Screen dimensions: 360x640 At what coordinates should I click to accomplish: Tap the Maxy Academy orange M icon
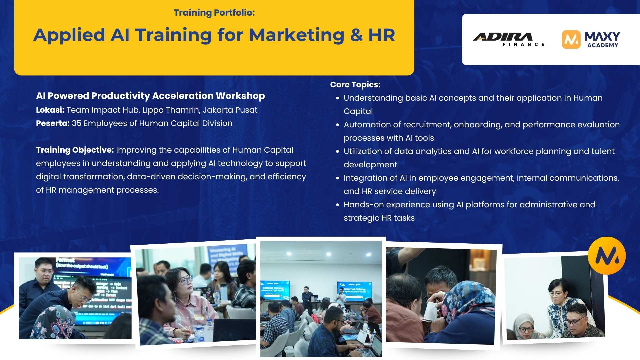pos(571,39)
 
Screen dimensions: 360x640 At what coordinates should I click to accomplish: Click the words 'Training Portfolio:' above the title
pos(214,13)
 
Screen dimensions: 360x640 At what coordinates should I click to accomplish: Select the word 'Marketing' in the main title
pos(296,35)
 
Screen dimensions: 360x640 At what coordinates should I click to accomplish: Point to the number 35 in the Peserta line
pos(77,123)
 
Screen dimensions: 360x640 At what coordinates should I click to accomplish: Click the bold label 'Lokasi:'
pos(50,110)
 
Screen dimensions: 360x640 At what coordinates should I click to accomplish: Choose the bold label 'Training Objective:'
pos(75,150)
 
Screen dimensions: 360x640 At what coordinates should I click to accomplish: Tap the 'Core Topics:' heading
pos(355,85)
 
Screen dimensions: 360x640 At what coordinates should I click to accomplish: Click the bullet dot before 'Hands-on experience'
pos(337,205)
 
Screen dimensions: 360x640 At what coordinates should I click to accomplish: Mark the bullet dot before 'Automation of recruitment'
pos(337,125)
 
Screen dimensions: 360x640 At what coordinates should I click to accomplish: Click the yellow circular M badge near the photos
pos(606,256)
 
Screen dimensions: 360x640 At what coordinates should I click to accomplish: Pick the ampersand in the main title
pos(356,35)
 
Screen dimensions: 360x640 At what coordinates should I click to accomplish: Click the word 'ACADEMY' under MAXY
pos(602,45)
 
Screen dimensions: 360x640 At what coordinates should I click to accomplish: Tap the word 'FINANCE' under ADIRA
pos(523,44)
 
